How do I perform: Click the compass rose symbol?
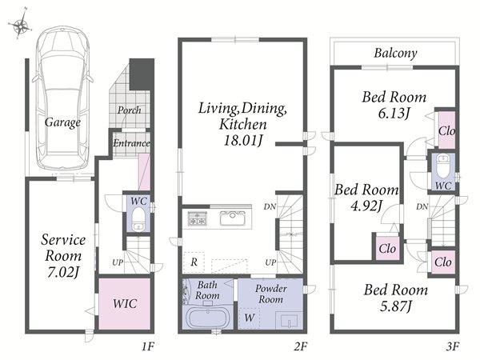(20, 25)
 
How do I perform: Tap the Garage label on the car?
(62, 122)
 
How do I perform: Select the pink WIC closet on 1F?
(124, 303)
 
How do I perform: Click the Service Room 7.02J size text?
(63, 272)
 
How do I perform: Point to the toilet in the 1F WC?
(138, 218)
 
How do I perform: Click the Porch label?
(129, 110)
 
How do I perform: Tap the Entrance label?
(131, 143)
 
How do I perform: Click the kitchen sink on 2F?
(232, 218)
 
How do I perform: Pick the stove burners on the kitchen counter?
(197, 218)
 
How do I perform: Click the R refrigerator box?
(194, 262)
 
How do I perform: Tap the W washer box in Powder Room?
(249, 318)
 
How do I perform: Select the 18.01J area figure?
(243, 141)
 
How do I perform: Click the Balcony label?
(395, 54)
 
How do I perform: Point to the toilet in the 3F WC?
(442, 166)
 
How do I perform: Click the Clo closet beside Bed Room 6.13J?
(446, 130)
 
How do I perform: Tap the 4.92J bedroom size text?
(366, 206)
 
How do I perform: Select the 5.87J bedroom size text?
(396, 306)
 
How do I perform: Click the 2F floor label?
(300, 346)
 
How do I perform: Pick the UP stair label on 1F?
(118, 262)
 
